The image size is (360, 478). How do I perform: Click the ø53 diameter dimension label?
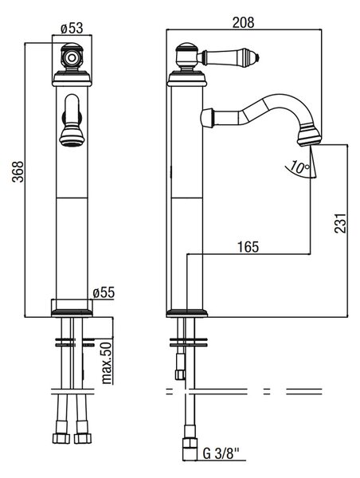(72, 29)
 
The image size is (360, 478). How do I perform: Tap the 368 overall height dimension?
(18, 171)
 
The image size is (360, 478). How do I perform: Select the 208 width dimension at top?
(243, 22)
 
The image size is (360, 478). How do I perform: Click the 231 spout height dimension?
(341, 223)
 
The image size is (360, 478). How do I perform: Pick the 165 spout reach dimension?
(248, 247)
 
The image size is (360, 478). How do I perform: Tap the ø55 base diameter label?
(104, 292)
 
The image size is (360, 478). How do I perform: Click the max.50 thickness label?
(107, 362)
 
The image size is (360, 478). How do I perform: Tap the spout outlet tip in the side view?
(309, 139)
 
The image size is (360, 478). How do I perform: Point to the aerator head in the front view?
(72, 137)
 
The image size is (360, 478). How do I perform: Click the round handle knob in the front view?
(72, 57)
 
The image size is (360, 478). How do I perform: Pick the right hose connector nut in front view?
(81, 437)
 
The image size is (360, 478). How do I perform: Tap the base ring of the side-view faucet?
(187, 313)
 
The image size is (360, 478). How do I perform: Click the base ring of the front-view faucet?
(72, 313)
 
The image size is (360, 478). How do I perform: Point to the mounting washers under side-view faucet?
(189, 342)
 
